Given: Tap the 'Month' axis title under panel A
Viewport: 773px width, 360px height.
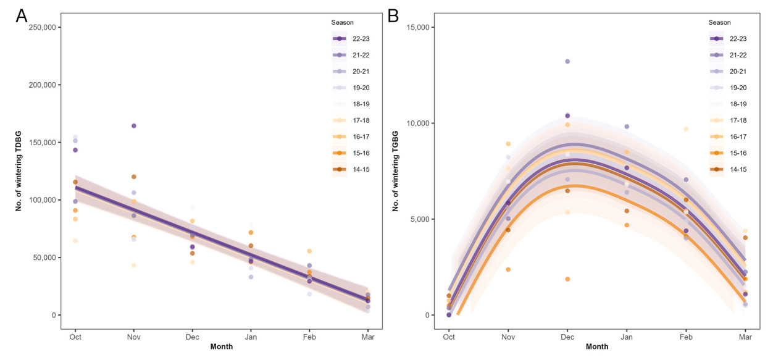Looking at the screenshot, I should (x=221, y=347).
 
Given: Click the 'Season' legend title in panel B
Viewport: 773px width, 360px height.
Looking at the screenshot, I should (x=719, y=23).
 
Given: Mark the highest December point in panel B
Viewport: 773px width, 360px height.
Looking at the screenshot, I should (x=567, y=62).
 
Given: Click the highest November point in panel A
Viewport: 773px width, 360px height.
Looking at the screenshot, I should (x=133, y=126).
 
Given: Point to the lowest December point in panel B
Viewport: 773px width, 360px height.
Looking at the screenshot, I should (x=567, y=279).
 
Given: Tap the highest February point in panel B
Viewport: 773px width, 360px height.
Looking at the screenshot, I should (x=686, y=129).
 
